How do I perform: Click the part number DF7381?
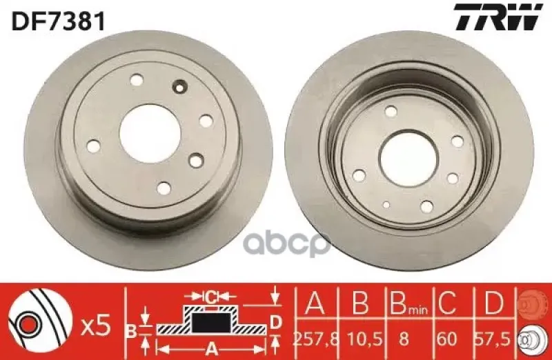click(x=58, y=21)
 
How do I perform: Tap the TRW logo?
click(x=496, y=18)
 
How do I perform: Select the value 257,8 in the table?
click(x=315, y=338)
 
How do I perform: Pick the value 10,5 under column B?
click(x=364, y=338)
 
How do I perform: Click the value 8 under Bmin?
click(x=405, y=338)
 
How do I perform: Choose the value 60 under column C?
click(x=447, y=338)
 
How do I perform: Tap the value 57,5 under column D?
click(x=495, y=338)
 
